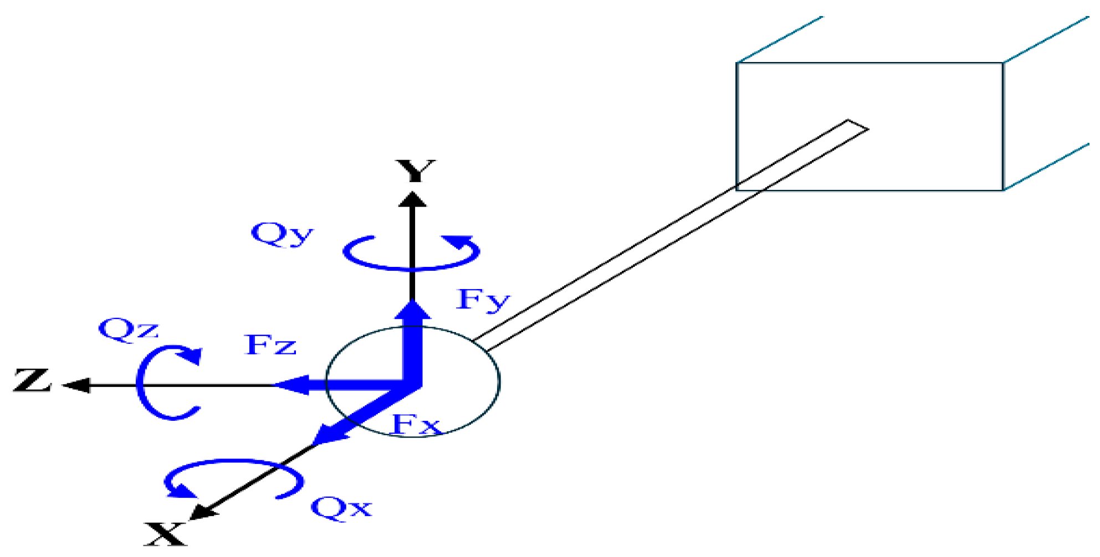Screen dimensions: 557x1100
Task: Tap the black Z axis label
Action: pos(33,380)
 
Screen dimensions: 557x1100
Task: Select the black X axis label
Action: pos(165,534)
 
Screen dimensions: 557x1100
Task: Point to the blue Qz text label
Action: pos(128,330)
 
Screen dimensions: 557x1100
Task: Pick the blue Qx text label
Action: pos(341,507)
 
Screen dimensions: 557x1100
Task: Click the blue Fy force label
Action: pos(483,300)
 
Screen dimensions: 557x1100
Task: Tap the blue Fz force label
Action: pos(270,345)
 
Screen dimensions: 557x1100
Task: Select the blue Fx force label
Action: pos(416,425)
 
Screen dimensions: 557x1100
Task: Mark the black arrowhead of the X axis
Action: pos(202,513)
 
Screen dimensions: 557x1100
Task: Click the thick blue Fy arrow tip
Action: pos(413,309)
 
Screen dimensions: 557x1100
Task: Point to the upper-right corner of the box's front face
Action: pos(1002,63)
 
